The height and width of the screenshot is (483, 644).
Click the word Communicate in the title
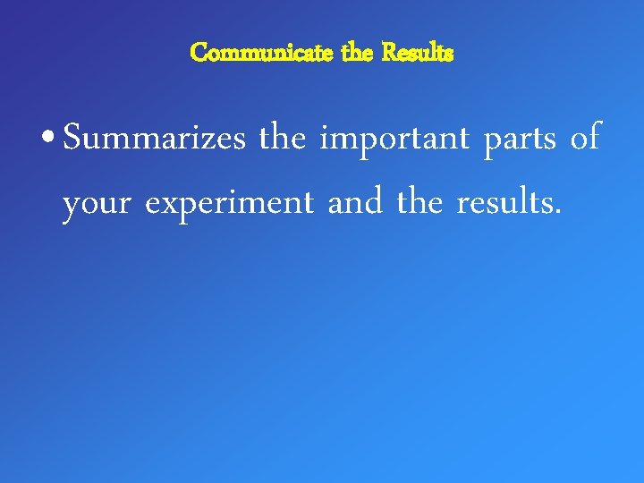pyautogui.click(x=262, y=53)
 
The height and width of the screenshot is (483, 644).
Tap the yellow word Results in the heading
pyautogui.click(x=418, y=53)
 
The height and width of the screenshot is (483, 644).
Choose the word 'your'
pyautogui.click(x=97, y=204)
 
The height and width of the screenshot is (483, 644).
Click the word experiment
pyautogui.click(x=229, y=204)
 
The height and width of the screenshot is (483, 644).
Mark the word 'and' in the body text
pyautogui.click(x=354, y=202)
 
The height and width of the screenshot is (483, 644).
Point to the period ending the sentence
pyautogui.click(x=559, y=213)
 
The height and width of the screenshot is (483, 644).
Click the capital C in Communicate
pyautogui.click(x=199, y=53)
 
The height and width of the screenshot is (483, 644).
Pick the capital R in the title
pyautogui.click(x=388, y=53)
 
